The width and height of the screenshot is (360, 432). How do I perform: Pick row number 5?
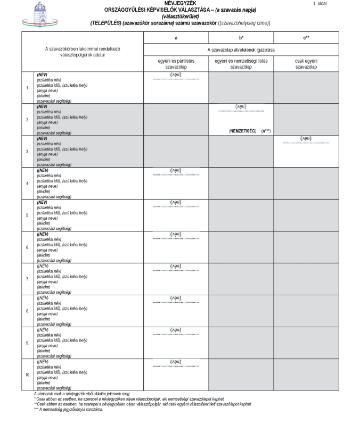coord(28,215)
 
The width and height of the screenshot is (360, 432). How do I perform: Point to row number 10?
coord(28,375)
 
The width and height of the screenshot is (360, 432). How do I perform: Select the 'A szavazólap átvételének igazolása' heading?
coord(241,49)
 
